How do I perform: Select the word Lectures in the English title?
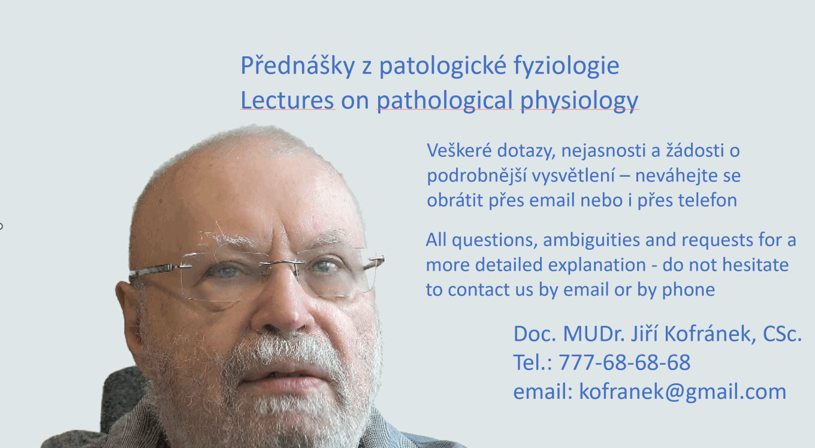tap(287, 101)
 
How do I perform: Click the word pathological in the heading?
tap(445, 101)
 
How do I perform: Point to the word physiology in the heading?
tap(579, 101)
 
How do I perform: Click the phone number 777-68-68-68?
tap(624, 362)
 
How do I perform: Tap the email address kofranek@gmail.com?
tap(683, 392)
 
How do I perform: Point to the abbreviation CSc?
tap(783, 334)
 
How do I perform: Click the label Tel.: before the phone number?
tap(533, 362)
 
